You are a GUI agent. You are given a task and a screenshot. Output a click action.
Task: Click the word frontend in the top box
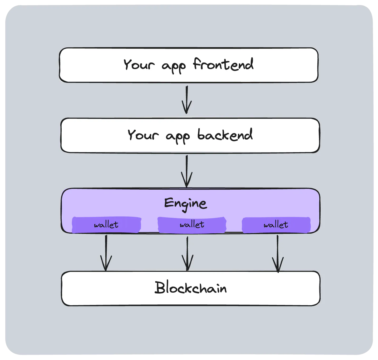tap(223, 65)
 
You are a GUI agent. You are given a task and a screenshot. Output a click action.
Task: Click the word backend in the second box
tap(225, 135)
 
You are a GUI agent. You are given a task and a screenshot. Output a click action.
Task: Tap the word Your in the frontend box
tap(139, 65)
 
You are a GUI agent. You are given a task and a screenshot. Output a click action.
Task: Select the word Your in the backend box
tap(143, 135)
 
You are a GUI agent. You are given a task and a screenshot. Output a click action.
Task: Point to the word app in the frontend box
tap(174, 66)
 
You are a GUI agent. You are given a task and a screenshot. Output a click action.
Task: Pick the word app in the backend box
tap(178, 136)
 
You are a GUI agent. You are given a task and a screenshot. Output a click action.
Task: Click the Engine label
tap(185, 204)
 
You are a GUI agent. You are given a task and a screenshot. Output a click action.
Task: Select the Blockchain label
tap(190, 288)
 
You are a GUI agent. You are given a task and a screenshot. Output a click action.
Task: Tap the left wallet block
tap(106, 225)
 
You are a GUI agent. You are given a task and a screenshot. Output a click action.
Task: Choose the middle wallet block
tap(192, 225)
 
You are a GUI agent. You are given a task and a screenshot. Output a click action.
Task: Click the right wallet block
tap(276, 225)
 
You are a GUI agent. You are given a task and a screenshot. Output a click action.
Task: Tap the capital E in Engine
tap(169, 203)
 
